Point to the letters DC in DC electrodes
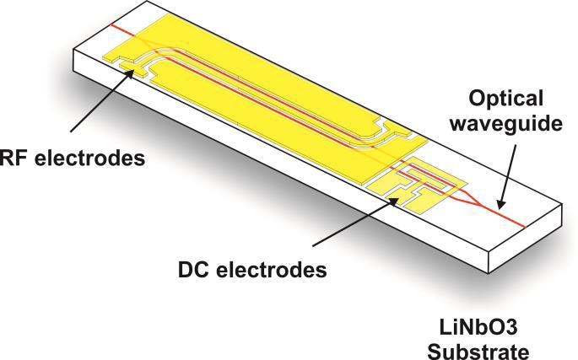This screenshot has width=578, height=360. [x=194, y=271]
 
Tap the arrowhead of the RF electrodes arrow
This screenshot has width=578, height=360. [x=132, y=71]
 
